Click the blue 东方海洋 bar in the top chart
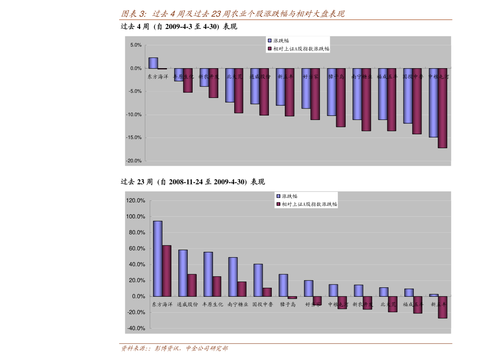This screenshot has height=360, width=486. pos(153,63)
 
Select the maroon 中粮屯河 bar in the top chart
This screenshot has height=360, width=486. pos(442,108)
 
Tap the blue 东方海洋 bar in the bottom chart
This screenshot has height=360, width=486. pos(158,258)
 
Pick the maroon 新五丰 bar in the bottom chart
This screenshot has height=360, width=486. pos(442,307)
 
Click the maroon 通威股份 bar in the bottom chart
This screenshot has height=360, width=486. pos(192,285)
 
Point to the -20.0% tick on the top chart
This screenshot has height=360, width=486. pos(134,161)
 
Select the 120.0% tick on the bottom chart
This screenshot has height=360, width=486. pos(136,200)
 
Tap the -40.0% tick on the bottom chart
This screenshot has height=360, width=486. pos(136,328)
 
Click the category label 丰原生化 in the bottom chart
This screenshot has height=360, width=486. pos(213,304)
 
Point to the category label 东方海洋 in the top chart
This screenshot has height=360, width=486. pos(158,76)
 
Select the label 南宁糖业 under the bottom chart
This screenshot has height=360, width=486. pos(238,304)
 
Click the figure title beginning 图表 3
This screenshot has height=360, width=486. pos(233,14)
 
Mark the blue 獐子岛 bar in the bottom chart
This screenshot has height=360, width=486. pos(283,285)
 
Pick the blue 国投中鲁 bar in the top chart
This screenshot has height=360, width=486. pos(408,96)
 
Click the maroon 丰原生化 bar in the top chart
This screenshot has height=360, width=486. pos(188,80)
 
